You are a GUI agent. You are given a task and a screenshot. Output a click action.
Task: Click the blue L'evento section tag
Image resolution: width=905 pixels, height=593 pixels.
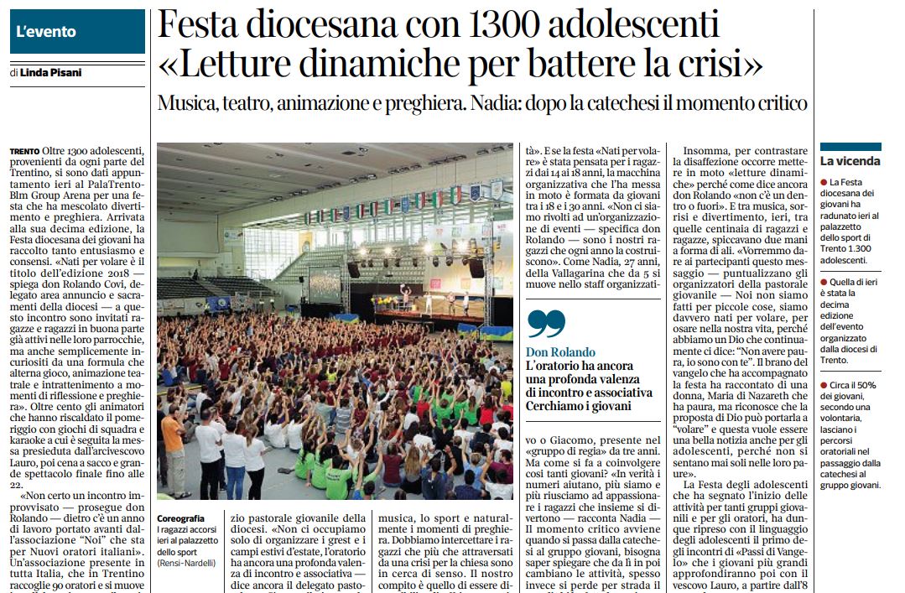(77, 32)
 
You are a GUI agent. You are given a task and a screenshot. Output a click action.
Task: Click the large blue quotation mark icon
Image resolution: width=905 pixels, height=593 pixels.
(545, 323)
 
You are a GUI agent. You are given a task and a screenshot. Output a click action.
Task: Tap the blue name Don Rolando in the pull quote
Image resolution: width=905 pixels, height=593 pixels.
(560, 352)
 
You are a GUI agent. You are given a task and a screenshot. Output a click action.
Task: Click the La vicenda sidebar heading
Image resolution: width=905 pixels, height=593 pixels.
(850, 160)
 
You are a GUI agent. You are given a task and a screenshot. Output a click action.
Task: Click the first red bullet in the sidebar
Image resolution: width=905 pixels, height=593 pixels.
(824, 182)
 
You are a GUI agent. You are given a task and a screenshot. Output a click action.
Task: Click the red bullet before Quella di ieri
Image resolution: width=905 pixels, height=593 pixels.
(824, 283)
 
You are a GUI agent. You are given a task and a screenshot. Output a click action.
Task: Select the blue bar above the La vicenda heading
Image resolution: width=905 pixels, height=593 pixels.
(850, 146)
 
